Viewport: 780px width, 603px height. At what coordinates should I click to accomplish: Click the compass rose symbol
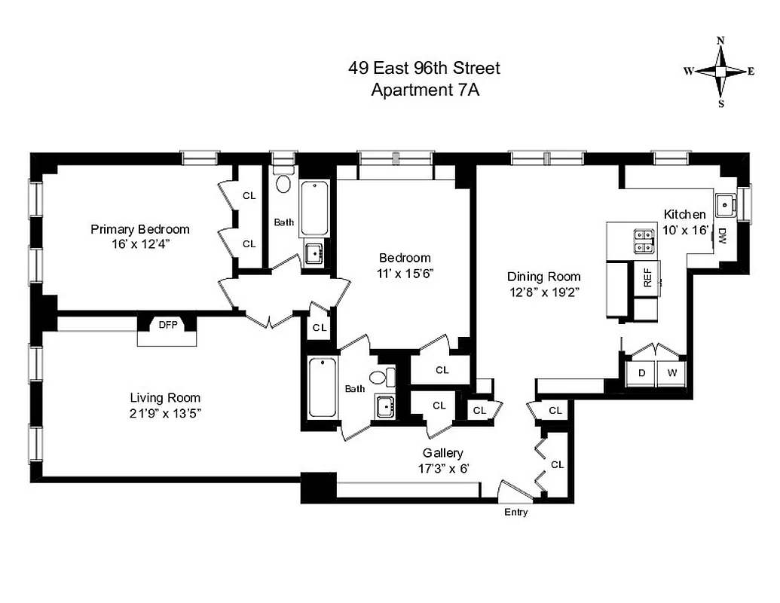[720, 72]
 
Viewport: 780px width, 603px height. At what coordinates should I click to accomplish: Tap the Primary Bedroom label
[140, 229]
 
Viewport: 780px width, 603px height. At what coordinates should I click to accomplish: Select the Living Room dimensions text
[165, 412]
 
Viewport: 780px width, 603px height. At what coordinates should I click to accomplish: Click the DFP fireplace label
[167, 326]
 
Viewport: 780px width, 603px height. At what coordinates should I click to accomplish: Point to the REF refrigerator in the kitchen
[647, 279]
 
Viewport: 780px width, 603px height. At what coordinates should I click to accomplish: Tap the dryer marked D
[641, 373]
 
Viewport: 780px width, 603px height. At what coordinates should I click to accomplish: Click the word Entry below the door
[516, 513]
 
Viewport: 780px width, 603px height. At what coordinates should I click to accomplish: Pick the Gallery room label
[442, 453]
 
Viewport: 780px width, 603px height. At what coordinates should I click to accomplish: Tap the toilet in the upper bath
[284, 183]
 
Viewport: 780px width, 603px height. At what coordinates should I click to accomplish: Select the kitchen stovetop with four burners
[644, 240]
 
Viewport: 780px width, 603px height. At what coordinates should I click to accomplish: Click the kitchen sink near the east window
[726, 203]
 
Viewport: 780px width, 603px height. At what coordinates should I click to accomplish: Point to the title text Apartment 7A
[425, 90]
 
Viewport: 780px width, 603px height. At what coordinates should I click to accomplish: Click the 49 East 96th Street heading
[424, 69]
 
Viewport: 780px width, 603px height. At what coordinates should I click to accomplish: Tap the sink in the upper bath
[314, 251]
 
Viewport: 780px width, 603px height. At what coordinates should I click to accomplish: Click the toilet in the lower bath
[383, 378]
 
